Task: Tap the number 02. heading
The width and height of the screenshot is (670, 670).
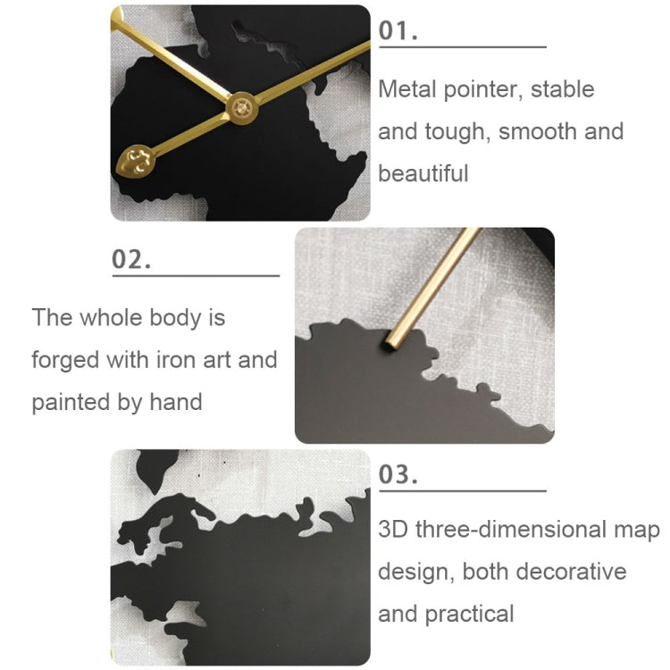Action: coord(131,260)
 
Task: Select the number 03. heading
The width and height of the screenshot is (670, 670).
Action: coord(399,474)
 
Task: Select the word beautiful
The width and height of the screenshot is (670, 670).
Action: coord(423,172)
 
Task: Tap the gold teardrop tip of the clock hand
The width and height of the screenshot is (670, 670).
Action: coord(137,161)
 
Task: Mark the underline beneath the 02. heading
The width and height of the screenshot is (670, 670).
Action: coord(196,276)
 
